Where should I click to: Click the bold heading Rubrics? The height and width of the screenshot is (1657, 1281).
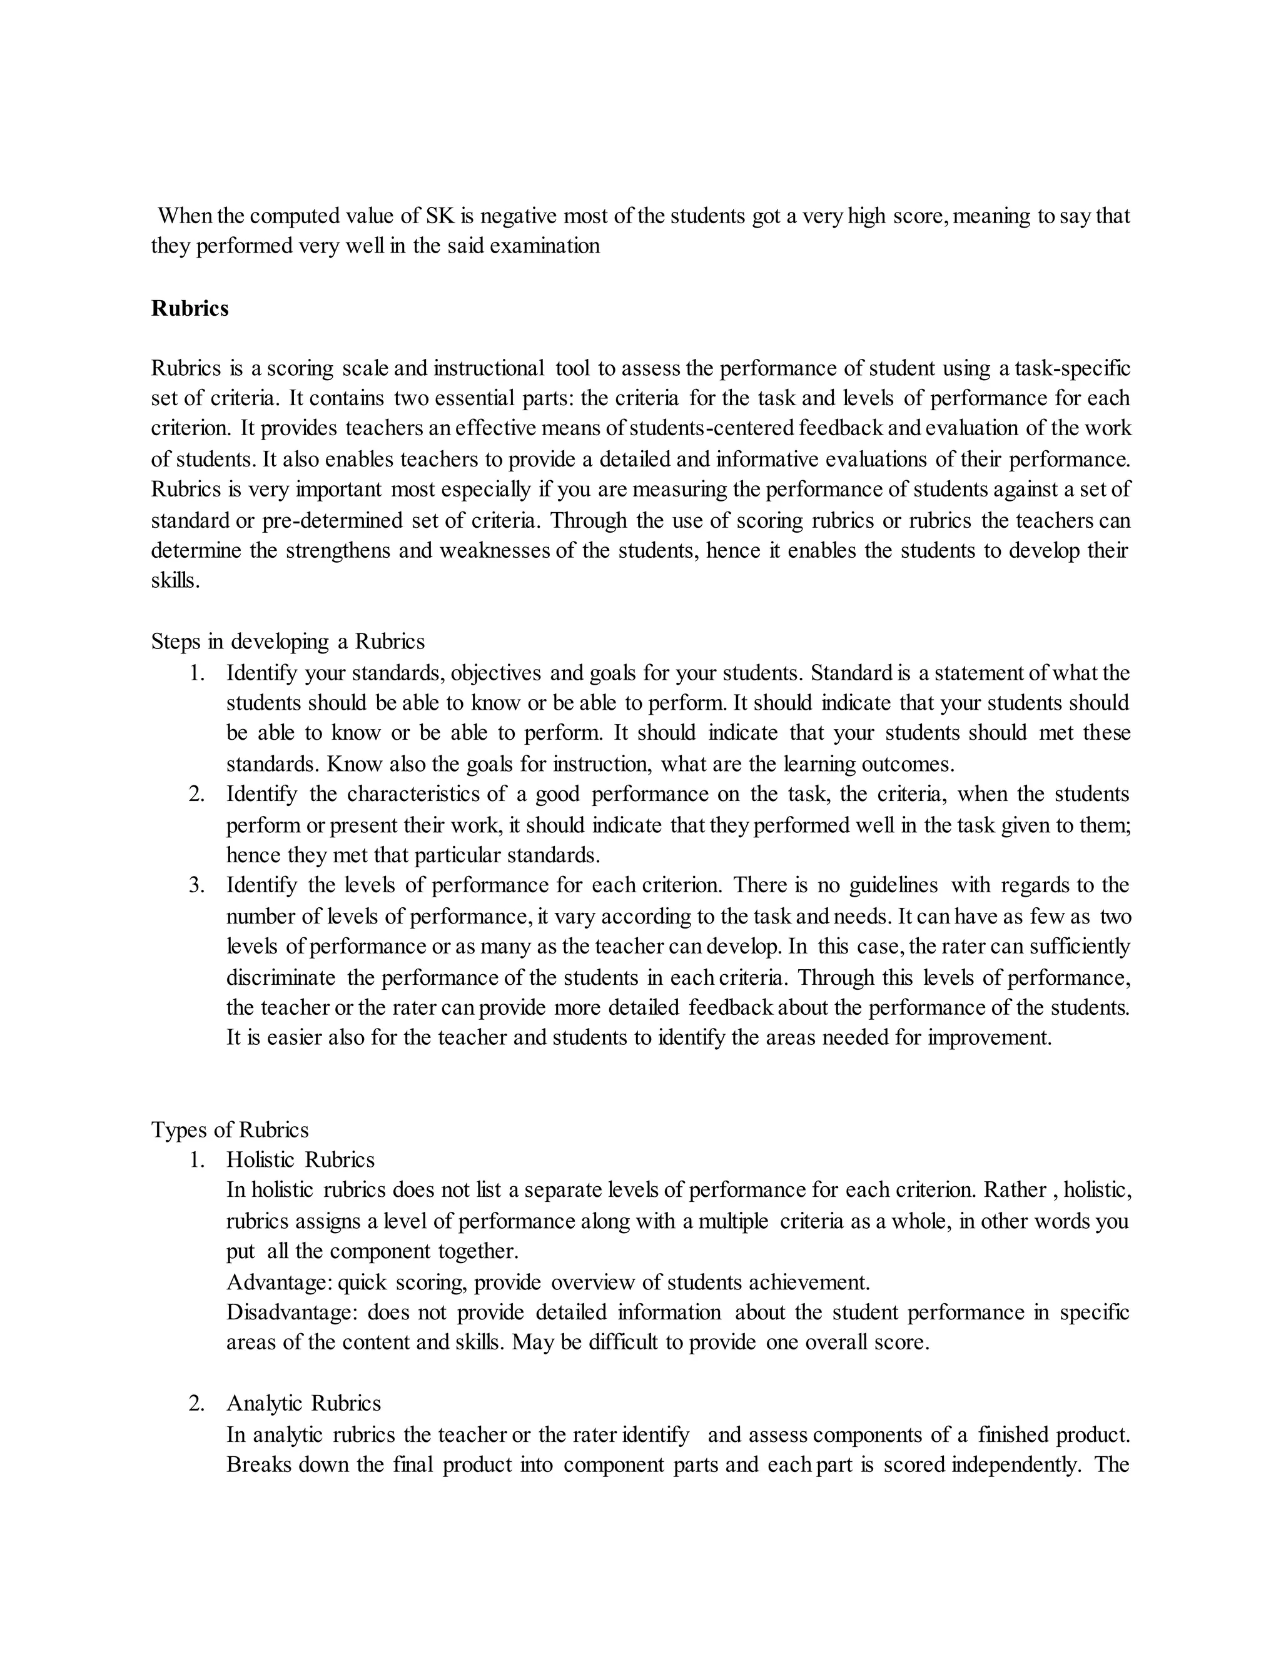point(190,309)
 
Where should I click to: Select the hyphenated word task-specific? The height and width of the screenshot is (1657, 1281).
point(1071,369)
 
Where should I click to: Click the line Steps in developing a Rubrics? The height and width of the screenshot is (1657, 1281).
point(288,642)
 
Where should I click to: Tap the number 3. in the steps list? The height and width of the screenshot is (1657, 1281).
point(197,885)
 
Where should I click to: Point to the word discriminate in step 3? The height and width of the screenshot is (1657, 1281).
point(281,978)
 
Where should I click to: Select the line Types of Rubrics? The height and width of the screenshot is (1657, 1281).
point(230,1130)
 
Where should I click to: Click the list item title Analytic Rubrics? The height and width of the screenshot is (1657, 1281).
point(303,1404)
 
